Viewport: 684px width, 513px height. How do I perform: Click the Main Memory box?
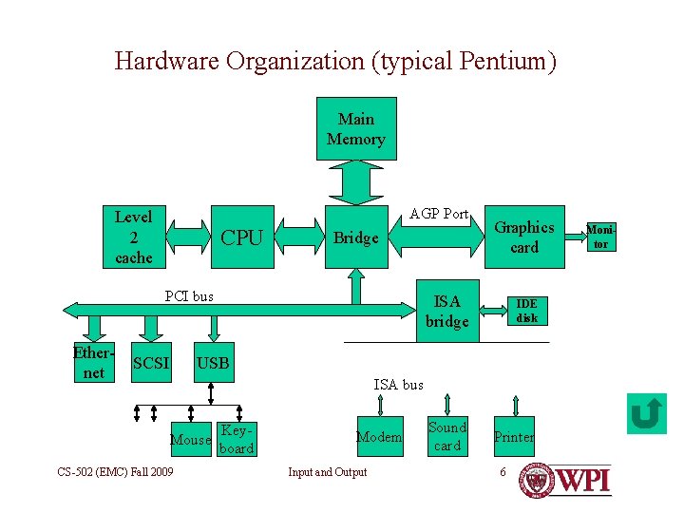click(355, 129)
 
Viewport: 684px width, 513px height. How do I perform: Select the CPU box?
click(241, 237)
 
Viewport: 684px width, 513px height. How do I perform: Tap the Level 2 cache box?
click(133, 237)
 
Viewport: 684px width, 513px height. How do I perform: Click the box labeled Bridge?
click(356, 237)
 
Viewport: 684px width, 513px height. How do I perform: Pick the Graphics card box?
click(524, 237)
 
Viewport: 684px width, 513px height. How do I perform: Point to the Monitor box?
click(601, 237)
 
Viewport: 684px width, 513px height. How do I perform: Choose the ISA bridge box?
click(446, 311)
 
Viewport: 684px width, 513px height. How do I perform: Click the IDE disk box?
click(526, 311)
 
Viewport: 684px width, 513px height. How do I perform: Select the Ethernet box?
click(93, 362)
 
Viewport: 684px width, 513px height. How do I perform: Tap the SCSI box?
click(151, 362)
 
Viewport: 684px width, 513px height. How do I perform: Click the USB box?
click(213, 362)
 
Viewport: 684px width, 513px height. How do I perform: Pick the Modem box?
click(379, 437)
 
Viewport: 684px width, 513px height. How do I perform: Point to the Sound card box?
click(446, 436)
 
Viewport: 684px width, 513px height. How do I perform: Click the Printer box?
click(513, 437)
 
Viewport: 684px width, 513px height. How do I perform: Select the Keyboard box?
click(236, 438)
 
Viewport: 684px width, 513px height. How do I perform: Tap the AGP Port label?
click(439, 214)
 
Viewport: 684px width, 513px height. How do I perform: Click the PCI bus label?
click(189, 295)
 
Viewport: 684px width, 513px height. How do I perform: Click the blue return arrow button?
click(647, 413)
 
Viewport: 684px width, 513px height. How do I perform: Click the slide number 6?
click(503, 472)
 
